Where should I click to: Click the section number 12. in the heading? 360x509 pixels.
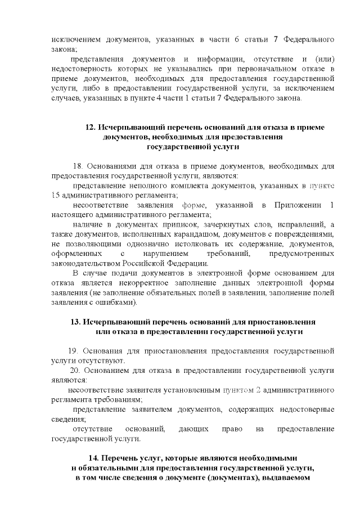click(x=90, y=128)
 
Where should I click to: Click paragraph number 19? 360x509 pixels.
click(x=74, y=351)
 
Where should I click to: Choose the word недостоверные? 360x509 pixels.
click(x=308, y=409)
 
